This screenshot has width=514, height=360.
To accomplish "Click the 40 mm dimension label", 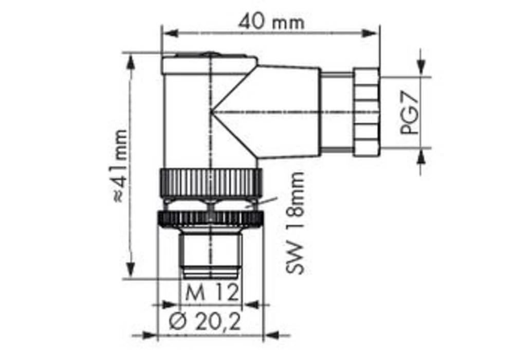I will (271, 22).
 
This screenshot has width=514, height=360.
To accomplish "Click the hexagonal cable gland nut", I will (365, 112).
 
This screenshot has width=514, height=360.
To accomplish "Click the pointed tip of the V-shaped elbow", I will (212, 112).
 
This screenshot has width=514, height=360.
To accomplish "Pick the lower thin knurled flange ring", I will (211, 219).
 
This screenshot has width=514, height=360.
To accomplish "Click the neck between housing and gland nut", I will (337, 112).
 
